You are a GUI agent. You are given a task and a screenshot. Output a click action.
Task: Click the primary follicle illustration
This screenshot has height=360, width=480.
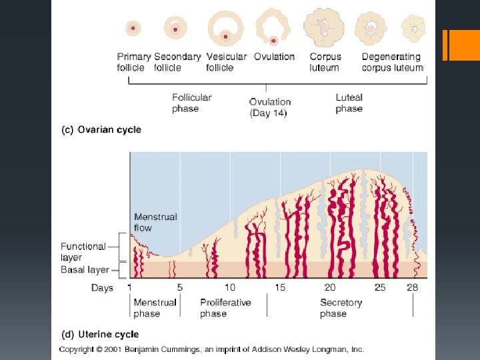[133, 28]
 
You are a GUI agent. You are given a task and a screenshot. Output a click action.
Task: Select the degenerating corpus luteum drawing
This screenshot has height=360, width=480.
[414, 28]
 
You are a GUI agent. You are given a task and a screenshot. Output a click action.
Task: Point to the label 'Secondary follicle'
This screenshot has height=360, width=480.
[177, 62]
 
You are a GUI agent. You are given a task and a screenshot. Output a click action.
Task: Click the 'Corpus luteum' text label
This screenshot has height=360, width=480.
[325, 62]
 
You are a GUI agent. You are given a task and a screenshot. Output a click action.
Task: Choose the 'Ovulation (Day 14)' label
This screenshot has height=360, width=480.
[269, 107]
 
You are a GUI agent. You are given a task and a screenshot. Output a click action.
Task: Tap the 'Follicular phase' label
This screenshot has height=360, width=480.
[191, 103]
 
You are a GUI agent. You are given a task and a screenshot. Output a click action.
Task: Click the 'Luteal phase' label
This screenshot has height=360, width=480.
[349, 103]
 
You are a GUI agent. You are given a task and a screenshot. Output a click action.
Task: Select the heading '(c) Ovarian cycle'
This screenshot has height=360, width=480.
[101, 129]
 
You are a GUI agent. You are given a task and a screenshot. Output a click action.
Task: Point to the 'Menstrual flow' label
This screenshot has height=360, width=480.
[155, 222]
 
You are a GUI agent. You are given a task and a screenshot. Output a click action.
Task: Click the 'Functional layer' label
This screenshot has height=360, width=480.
[83, 251]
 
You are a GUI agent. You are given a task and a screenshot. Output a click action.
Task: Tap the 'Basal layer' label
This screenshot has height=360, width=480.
[85, 270]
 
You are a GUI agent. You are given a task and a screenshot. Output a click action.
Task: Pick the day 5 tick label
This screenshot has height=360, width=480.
[179, 288]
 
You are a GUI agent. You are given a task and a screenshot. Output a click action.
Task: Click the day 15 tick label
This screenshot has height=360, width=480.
[280, 288]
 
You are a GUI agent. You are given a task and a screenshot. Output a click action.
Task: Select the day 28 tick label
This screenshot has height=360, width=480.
[413, 288]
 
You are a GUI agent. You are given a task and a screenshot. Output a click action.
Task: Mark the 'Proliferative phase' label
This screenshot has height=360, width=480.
[225, 307]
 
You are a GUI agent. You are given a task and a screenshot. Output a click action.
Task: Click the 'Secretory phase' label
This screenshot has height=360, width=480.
[341, 307]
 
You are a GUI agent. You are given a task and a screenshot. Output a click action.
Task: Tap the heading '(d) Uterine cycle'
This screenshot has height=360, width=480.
[99, 335]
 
